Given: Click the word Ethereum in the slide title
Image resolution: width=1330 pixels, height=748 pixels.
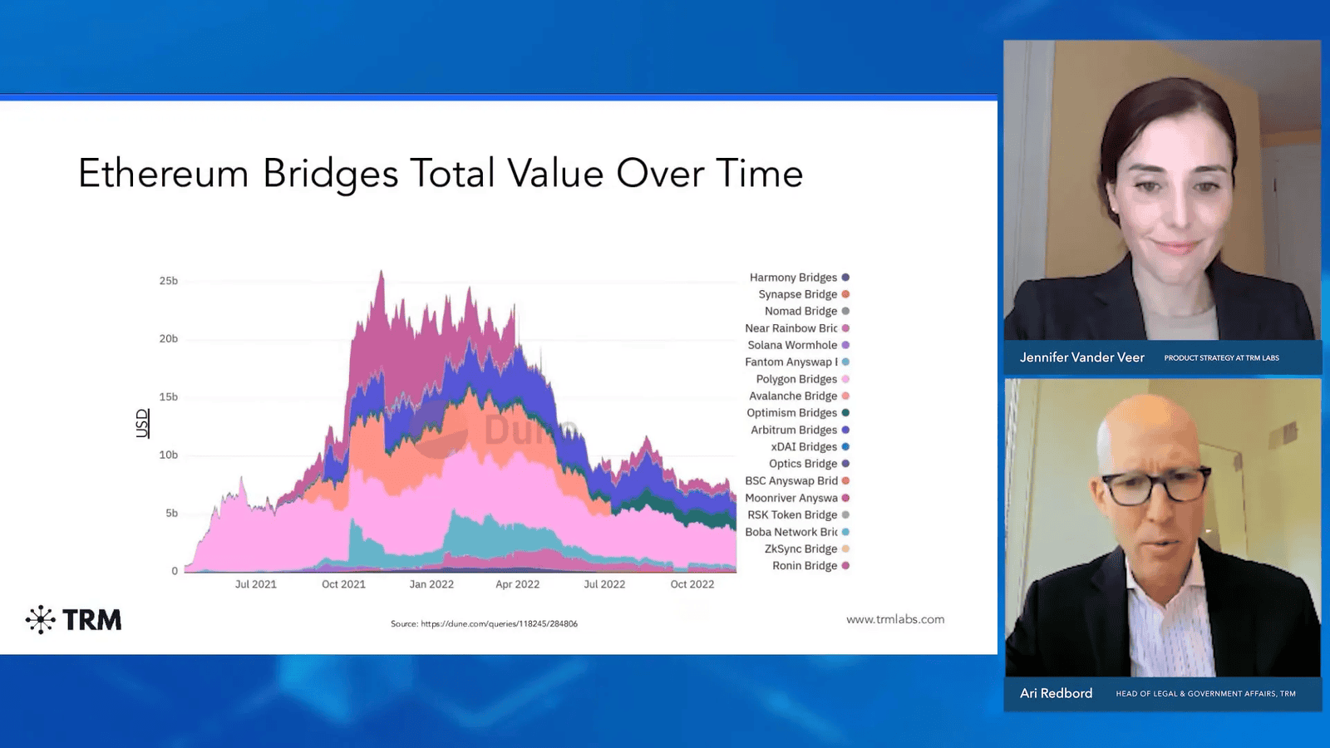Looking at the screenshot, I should (x=163, y=174).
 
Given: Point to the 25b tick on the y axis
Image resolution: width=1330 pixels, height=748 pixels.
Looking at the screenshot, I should (x=169, y=281).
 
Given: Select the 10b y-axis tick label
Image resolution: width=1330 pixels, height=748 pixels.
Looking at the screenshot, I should (x=169, y=455).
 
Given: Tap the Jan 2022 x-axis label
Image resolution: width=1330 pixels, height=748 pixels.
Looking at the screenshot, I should (x=431, y=584).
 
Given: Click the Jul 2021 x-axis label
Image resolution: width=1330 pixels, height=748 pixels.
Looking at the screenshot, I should (x=255, y=584).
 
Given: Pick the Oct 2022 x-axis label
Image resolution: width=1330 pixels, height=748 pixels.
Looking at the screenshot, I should (x=692, y=584).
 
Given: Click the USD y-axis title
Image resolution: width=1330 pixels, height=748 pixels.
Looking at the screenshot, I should (x=142, y=423).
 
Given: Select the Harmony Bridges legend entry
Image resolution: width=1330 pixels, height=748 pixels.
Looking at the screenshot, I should (x=793, y=278).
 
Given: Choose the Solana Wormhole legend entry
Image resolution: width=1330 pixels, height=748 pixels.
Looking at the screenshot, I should (x=792, y=345).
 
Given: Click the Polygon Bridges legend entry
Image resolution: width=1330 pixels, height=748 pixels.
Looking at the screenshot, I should (x=796, y=379).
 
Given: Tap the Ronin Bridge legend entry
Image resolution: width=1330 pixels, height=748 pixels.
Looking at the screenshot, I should (x=805, y=566).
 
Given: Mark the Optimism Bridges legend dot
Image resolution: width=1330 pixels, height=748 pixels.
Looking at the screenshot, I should (x=845, y=413).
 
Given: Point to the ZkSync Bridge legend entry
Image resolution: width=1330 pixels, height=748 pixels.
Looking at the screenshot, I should (x=800, y=549).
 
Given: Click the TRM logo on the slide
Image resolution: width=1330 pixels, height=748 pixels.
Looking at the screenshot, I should (x=74, y=620).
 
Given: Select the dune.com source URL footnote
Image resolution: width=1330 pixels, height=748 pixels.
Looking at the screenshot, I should (x=484, y=623).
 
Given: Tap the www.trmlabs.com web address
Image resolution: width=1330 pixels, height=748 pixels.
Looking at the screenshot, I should (x=895, y=619).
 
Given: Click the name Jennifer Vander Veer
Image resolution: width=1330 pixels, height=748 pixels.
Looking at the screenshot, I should (x=1081, y=357).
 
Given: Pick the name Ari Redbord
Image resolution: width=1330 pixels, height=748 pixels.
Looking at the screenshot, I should (x=1056, y=693).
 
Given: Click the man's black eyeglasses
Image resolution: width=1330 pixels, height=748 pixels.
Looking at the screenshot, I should (x=1155, y=487).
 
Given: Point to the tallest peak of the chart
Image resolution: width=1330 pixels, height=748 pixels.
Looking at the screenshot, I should (x=382, y=272).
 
